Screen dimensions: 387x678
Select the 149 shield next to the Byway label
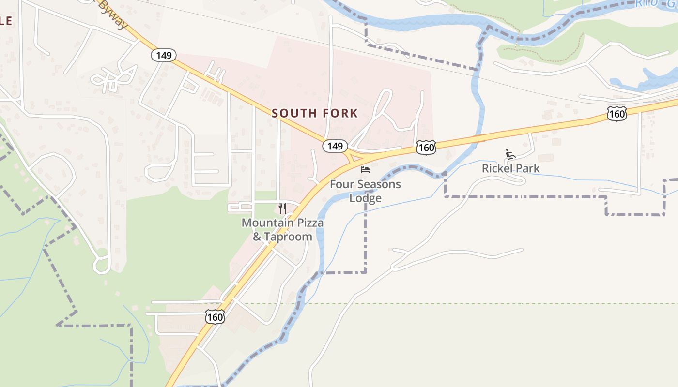[164, 55]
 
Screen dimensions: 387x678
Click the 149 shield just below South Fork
[335, 146]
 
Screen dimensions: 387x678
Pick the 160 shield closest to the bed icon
[426, 148]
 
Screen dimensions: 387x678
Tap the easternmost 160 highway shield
[616, 114]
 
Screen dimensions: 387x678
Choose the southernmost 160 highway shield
[215, 317]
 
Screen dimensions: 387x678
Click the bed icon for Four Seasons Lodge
[365, 169]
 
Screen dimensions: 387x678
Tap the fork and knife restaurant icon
[282, 208]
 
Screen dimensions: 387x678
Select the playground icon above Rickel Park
[510, 154]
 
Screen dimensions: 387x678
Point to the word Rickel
[498, 168]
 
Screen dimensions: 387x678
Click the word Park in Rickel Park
[527, 168]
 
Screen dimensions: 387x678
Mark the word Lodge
[365, 198]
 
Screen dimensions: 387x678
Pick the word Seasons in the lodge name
[377, 184]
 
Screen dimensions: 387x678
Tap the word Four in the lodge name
[340, 184]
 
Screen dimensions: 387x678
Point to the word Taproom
[289, 237]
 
